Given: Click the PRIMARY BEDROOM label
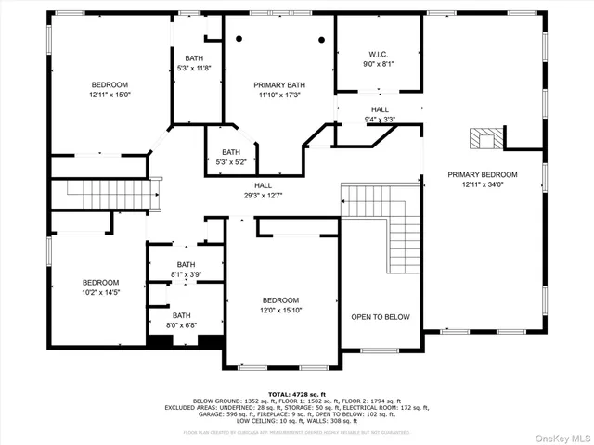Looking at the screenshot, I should click(482, 174).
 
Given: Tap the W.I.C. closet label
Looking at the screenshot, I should click(379, 53).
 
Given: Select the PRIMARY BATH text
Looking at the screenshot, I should click(279, 85).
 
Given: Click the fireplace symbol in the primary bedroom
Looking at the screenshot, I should click(483, 139).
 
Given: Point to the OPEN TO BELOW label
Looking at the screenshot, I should click(380, 317).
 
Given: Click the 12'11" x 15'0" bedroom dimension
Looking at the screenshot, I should click(110, 95).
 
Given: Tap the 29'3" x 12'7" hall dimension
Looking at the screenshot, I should click(264, 195).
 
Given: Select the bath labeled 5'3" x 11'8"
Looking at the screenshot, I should click(193, 68).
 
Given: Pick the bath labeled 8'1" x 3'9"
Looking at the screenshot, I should click(187, 274).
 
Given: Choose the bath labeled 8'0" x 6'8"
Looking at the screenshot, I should click(181, 325).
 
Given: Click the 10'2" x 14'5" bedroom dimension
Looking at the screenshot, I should click(100, 293).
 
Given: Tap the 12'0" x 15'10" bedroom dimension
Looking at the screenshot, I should click(279, 311).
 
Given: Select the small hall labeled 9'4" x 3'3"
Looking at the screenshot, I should click(380, 119).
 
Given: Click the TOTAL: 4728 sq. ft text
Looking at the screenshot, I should click(296, 394).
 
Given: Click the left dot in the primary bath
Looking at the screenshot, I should click(239, 38).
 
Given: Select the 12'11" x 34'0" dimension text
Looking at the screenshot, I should click(482, 184).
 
